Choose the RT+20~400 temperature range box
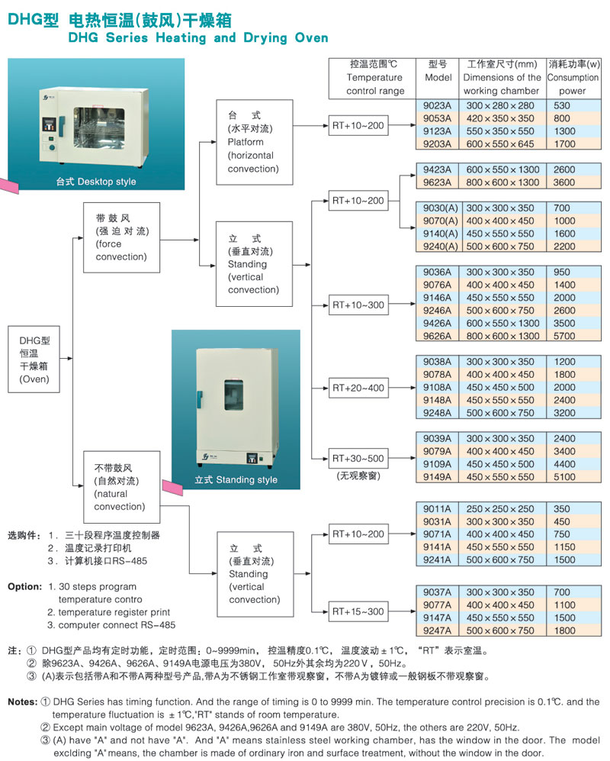pyautogui.click(x=358, y=388)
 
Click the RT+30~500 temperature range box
pyautogui.click(x=358, y=459)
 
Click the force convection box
pyautogui.click(x=122, y=237)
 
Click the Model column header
pyautogui.click(x=438, y=77)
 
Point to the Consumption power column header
pyautogui.click(x=573, y=77)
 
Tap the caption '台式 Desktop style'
pyautogui.click(x=96, y=182)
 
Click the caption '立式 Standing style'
pyautogui.click(x=225, y=480)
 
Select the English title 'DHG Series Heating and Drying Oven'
pyautogui.click(x=197, y=37)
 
